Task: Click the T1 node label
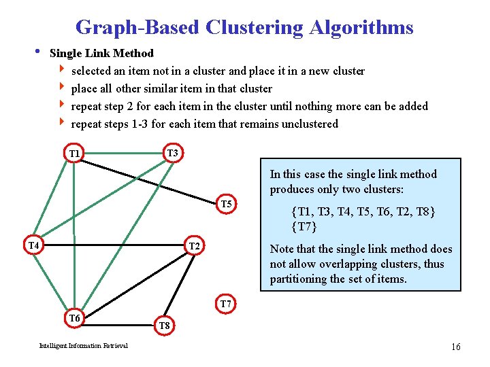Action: click(75, 154)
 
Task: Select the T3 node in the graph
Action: click(172, 153)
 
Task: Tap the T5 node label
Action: click(227, 204)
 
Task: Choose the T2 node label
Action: click(193, 245)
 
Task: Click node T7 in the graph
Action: click(227, 303)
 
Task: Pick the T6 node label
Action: click(74, 318)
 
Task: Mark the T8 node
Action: click(165, 326)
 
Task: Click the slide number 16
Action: click(455, 347)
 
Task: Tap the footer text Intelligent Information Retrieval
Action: click(83, 346)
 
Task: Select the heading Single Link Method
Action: click(102, 53)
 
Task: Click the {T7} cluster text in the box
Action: click(304, 226)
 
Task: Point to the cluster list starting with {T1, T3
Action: click(363, 211)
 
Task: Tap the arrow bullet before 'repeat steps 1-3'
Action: click(63, 123)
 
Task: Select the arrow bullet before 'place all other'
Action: click(63, 88)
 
